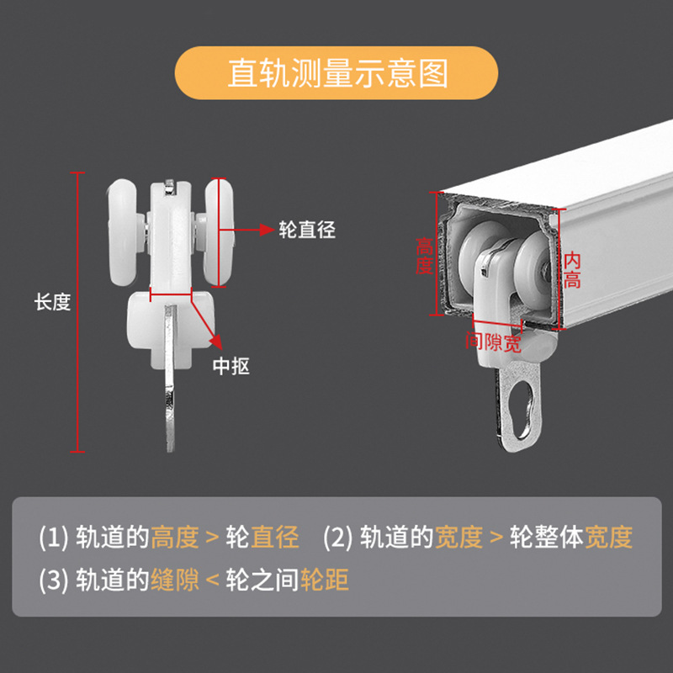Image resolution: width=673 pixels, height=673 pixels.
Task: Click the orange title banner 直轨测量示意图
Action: tap(336, 73)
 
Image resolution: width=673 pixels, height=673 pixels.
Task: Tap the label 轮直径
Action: tap(307, 230)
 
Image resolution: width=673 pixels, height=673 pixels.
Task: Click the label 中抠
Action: tap(231, 366)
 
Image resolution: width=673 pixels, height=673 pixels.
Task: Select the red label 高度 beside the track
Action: tap(424, 256)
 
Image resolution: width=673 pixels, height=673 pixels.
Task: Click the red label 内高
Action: tap(573, 270)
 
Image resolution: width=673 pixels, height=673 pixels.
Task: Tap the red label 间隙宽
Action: tap(493, 342)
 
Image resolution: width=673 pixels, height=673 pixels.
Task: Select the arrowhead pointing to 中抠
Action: tap(216, 342)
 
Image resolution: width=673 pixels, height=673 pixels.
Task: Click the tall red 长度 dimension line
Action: tap(79, 311)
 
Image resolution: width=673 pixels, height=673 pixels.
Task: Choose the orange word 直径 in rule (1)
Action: tap(274, 536)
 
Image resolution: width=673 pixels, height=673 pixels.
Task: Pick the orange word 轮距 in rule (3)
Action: tap(324, 580)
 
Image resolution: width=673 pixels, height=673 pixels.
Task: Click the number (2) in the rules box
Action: tap(339, 537)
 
